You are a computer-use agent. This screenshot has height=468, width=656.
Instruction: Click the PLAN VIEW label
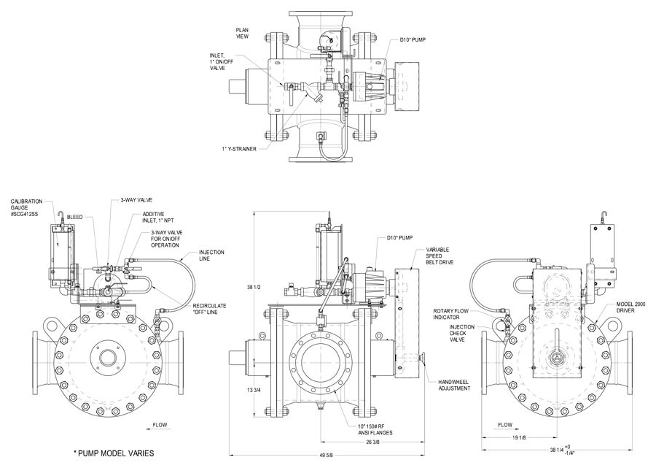pos(243,33)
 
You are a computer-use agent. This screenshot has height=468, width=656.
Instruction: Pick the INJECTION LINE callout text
pos(211,256)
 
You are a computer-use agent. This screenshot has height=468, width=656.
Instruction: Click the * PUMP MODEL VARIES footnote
pos(114,453)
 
